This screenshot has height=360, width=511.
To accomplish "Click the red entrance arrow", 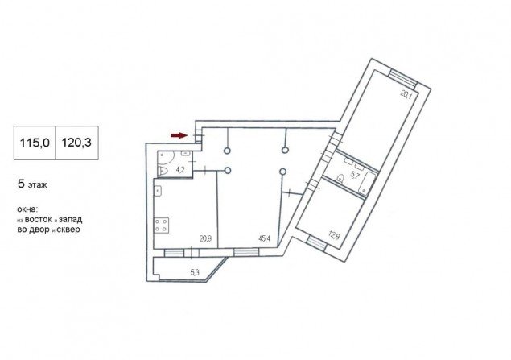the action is pyautogui.click(x=179, y=135).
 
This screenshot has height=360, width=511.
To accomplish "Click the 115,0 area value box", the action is pyautogui.click(x=35, y=143).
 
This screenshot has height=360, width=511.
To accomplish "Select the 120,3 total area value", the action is pyautogui.click(x=76, y=143).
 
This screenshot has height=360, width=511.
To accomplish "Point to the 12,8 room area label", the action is pyautogui.click(x=334, y=235).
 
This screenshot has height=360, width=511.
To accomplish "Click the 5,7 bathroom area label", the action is pyautogui.click(x=355, y=176).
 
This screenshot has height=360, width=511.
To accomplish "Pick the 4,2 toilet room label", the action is pyautogui.click(x=180, y=170).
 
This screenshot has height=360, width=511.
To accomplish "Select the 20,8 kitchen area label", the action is pyautogui.click(x=206, y=238).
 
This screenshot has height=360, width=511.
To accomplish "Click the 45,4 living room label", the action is pyautogui.click(x=264, y=238).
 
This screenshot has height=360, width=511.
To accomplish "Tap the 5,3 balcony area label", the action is pyautogui.click(x=195, y=272).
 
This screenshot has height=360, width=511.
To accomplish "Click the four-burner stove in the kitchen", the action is pyautogui.click(x=161, y=225).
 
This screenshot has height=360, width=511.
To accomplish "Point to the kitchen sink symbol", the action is pyautogui.click(x=158, y=190).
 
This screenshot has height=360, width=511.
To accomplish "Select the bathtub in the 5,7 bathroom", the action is pyautogui.click(x=367, y=183).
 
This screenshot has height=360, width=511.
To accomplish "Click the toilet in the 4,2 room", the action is pyautogui.click(x=163, y=171).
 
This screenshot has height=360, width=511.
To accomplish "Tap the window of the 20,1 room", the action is pyautogui.click(x=403, y=77).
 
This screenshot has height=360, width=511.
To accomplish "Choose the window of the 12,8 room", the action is pyautogui.click(x=317, y=243).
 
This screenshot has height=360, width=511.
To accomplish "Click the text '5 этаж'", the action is pyautogui.click(x=32, y=184).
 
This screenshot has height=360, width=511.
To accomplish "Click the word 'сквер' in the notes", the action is pyautogui.click(x=68, y=230).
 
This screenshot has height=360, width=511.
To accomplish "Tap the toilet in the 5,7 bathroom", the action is pyautogui.click(x=340, y=179).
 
